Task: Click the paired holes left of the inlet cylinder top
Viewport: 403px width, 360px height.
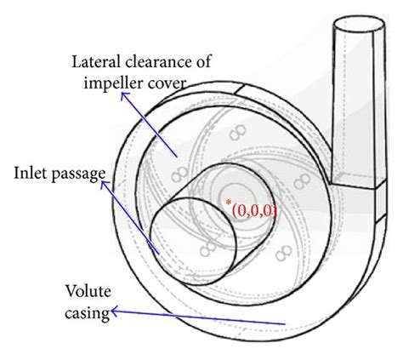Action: point(179,174)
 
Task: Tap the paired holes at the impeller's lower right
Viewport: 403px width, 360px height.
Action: point(281,253)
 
